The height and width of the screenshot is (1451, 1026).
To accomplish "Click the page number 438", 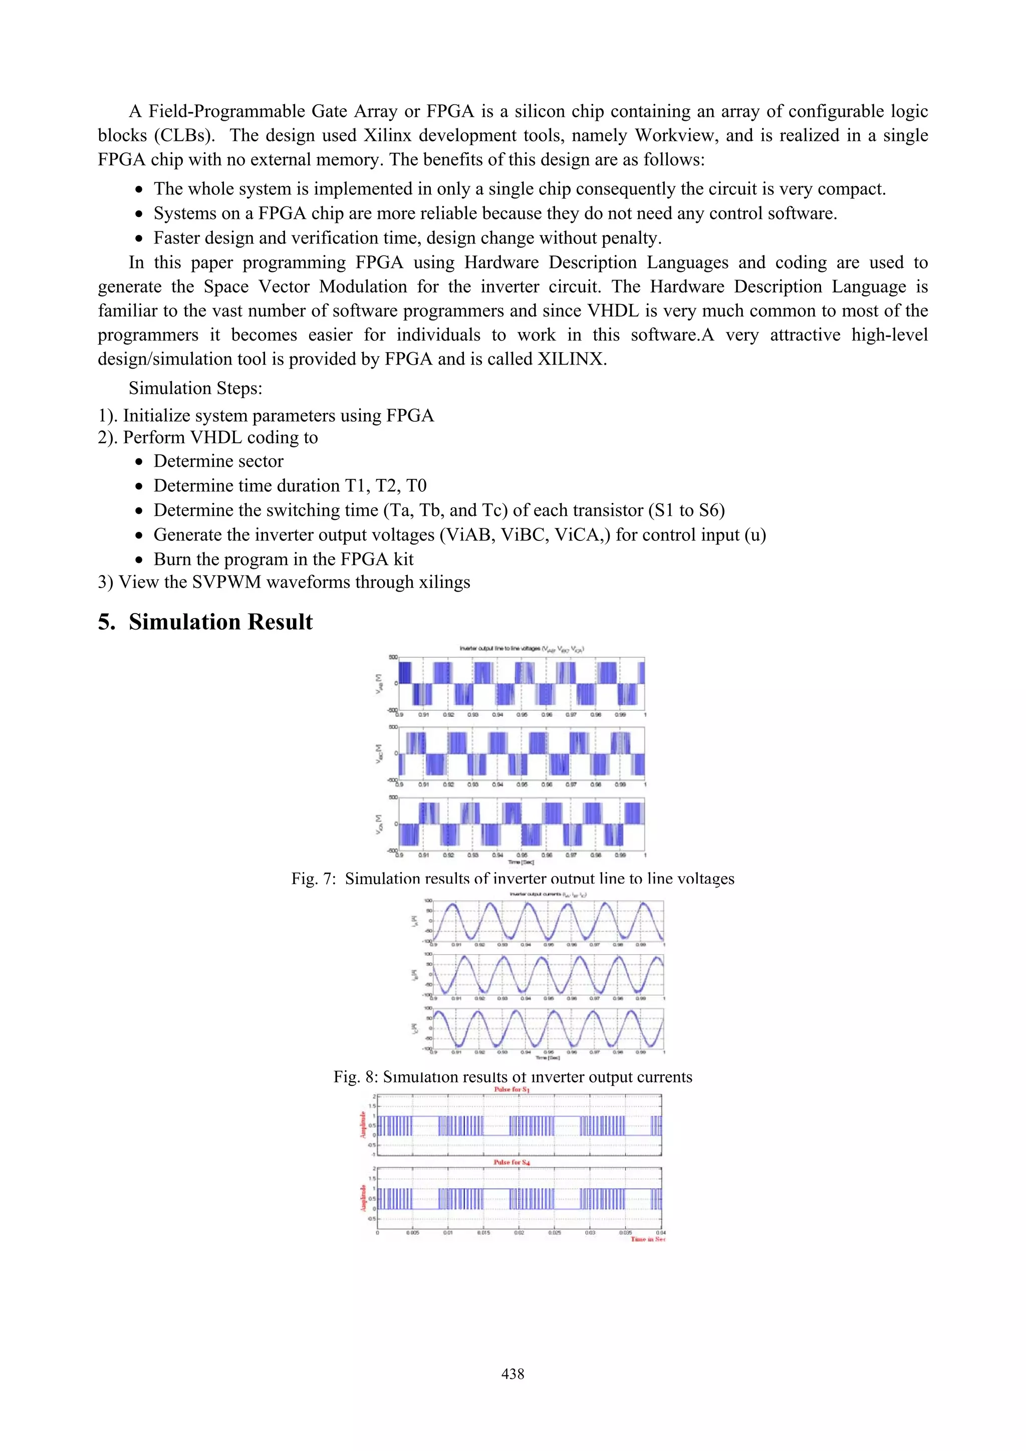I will pos(512,1373).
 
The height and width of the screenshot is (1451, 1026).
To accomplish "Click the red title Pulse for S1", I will pos(511,1089).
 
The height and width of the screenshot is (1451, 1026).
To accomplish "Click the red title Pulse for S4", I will pos(511,1162).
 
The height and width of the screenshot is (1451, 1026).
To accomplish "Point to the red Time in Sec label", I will pos(647,1239).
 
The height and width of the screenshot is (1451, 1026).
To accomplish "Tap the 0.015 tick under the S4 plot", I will pos(483,1232).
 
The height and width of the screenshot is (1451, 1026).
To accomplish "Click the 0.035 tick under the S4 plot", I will pos(625,1232).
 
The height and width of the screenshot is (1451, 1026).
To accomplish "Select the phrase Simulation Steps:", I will pos(195,388).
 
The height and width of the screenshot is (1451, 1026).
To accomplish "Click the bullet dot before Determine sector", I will pos(139,462).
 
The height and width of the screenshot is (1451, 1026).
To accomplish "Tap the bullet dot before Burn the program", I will pos(139,560).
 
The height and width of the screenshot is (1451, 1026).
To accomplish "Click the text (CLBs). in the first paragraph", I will pos(184,135).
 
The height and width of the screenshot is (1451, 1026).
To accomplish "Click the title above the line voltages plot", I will pos(522,649).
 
